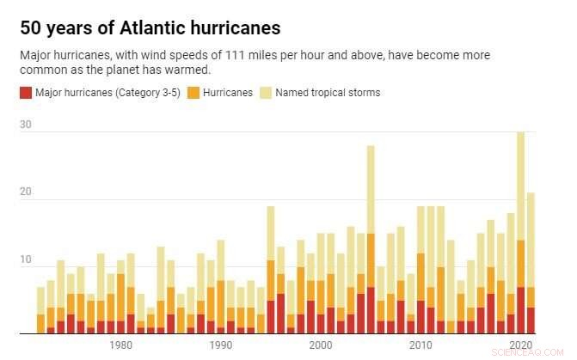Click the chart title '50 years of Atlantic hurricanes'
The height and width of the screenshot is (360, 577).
coord(150,27)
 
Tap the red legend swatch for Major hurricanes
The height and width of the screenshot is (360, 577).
coord(24,93)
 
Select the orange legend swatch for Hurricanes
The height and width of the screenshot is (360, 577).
coord(193,93)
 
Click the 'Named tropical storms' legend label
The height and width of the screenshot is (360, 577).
coord(328,93)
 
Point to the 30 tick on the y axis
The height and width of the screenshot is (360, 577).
coord(26,125)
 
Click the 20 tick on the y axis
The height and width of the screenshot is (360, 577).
coord(26,192)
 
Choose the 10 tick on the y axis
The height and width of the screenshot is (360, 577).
coord(26,260)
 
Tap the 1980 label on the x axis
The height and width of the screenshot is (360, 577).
coord(121,345)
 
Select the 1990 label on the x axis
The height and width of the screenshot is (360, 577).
coord(221,345)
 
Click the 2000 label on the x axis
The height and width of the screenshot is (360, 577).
coord(321,345)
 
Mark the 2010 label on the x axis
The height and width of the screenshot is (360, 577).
coord(420,345)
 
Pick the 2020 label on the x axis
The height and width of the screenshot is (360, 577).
coord(520,345)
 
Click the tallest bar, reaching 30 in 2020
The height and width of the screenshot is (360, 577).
coord(520,232)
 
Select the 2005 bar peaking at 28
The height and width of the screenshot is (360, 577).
coord(371,241)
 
